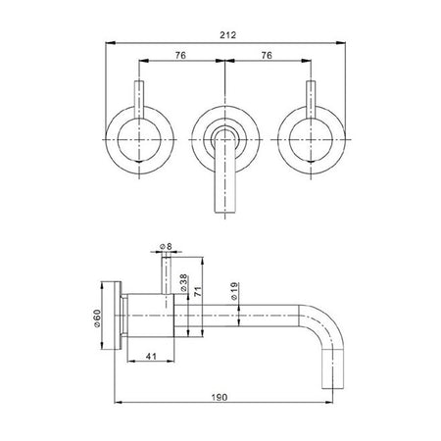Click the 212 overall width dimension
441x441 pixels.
coord(227,35)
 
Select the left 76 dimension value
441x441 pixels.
coord(180,56)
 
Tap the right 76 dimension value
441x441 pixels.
coord(267,56)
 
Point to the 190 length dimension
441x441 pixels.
coord(220,397)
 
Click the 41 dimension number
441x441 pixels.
coord(151,356)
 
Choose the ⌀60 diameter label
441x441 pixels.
coord(97,318)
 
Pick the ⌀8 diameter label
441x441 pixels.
coord(166,246)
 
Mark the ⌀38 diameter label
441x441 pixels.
coord(183,283)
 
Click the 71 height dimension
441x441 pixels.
coord(198,291)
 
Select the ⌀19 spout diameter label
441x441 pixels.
coord(234,291)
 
